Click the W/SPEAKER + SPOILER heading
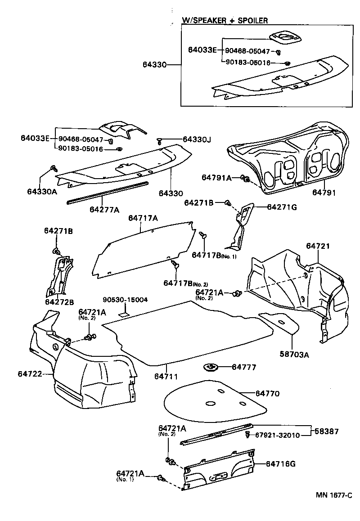[225, 20]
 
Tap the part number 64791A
[216, 178]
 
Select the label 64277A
[104, 210]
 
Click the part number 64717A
[143, 218]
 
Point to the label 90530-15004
[125, 300]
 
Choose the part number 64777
[244, 367]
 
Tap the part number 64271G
[282, 207]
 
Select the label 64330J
[197, 139]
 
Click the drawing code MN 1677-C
[333, 495]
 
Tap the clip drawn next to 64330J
[161, 141]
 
